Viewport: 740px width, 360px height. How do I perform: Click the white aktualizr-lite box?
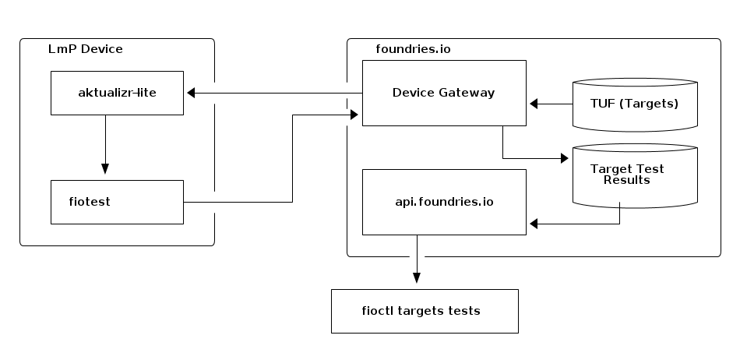117,93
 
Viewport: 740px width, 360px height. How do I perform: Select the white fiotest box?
117,202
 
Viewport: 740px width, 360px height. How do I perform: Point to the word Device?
414,93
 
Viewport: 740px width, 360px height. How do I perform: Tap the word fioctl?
378,311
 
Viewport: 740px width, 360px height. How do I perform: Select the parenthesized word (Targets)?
650,103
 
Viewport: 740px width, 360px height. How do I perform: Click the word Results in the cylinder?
627,180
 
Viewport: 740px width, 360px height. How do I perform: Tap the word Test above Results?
650,169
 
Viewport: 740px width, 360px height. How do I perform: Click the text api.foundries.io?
444,202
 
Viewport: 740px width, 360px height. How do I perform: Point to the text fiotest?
90,202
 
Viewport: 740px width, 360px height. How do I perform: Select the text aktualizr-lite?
117,93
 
